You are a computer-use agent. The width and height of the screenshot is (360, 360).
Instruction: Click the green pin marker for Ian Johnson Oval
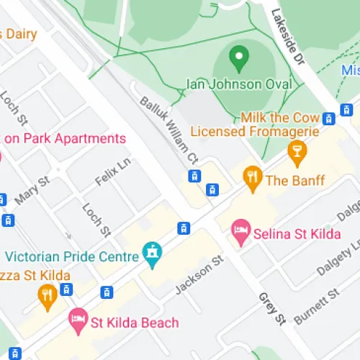(238, 57)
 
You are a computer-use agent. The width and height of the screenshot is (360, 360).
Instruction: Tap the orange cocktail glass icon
(296, 151)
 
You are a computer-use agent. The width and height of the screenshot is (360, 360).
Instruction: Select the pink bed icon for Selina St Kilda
(240, 231)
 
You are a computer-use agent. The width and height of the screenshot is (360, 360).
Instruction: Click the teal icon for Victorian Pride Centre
(152, 253)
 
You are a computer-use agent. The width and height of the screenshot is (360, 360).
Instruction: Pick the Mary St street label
(34, 191)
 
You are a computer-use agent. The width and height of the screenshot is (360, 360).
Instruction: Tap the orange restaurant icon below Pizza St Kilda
(48, 295)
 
